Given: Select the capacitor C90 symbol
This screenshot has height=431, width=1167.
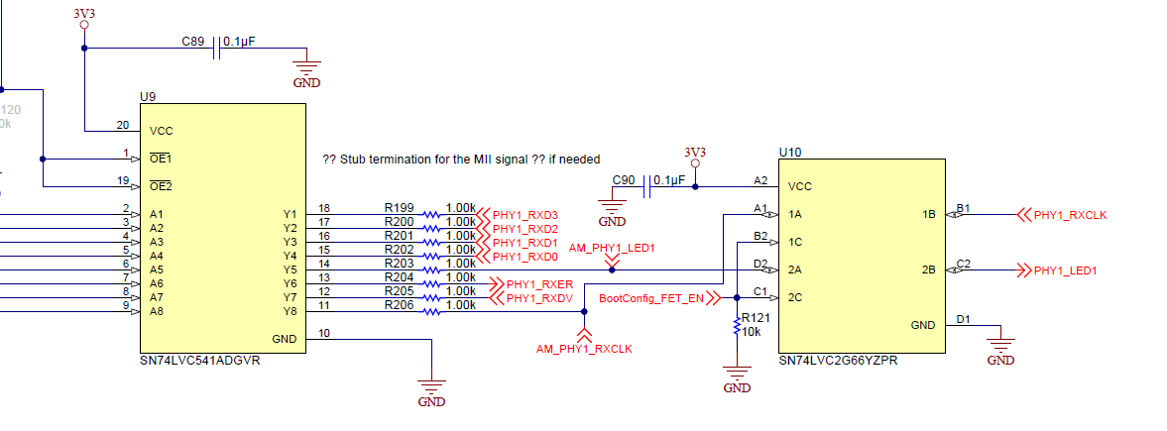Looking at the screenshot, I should pos(648,185).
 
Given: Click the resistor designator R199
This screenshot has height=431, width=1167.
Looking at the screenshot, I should pos(400,207).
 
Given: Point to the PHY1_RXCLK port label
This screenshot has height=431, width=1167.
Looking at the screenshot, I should pos(1068,214).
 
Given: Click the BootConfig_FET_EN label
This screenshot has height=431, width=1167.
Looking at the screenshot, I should pos(651,297).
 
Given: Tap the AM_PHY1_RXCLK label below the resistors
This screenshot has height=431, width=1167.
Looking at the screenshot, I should pos(584,349).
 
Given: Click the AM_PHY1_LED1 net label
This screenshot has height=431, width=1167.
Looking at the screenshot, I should pos(613,247).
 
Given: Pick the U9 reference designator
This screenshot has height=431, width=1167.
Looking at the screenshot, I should pos(148,97).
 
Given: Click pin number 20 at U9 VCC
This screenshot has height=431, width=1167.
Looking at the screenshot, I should pos(123,125).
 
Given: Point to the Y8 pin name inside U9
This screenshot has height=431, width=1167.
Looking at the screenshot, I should pos(290,311).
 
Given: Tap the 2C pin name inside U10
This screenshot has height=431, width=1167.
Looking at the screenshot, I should pos(795,297).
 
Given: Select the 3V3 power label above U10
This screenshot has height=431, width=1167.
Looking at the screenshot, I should pos(695,152).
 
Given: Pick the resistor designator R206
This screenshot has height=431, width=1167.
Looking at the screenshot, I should pos(400,305).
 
